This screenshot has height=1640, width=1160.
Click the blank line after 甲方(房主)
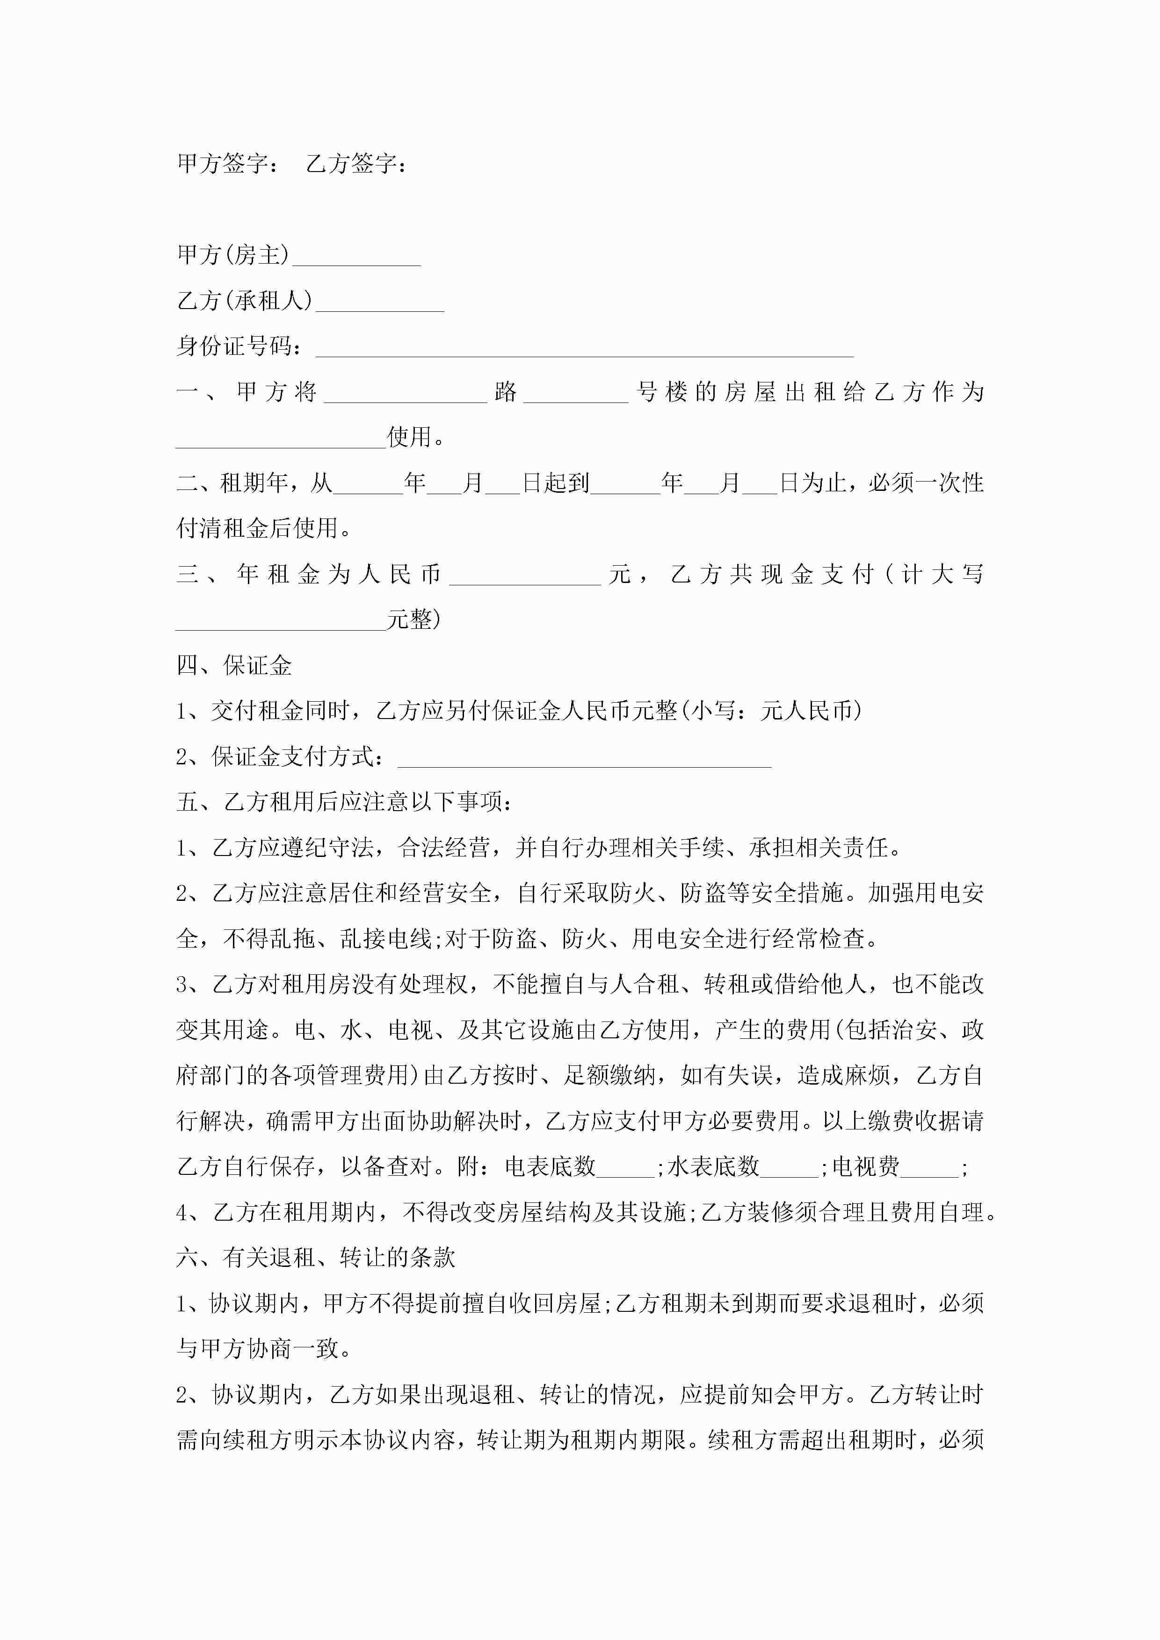coord(356,259)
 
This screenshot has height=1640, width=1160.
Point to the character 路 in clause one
coord(505,391)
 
